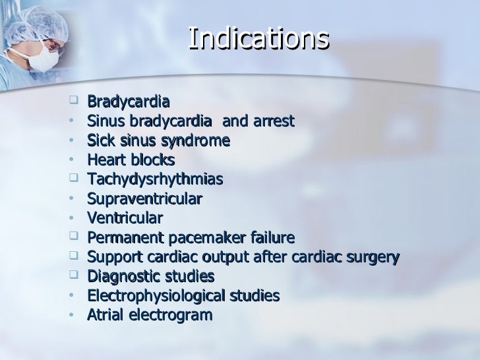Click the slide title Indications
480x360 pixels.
(258, 39)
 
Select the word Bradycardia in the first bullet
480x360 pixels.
(129, 102)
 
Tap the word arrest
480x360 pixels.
(274, 122)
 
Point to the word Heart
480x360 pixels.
(106, 160)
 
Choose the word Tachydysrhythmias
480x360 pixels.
(155, 180)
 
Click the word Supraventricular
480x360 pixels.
(144, 199)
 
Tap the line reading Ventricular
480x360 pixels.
(125, 218)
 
